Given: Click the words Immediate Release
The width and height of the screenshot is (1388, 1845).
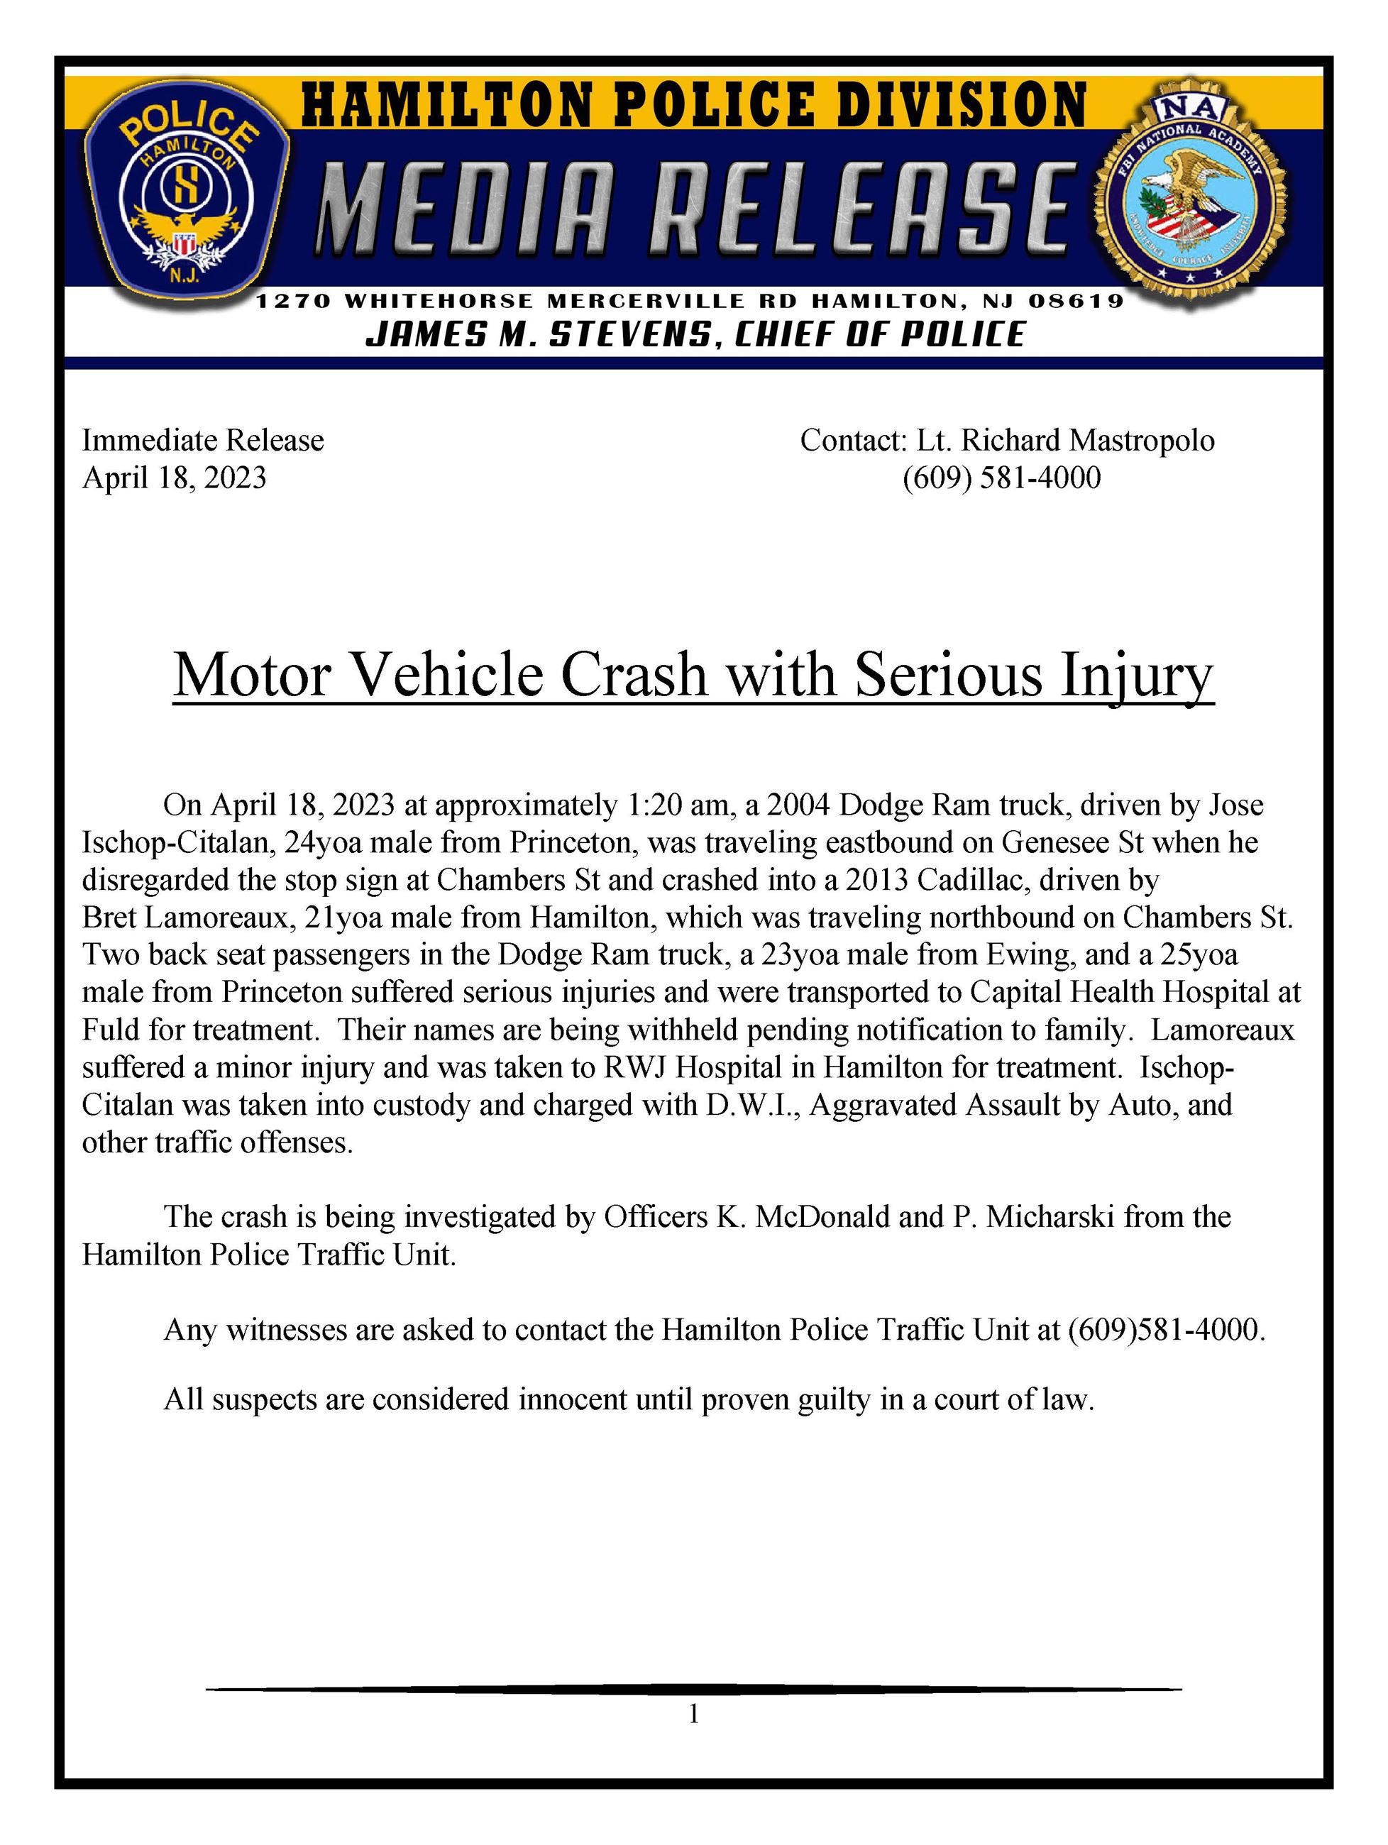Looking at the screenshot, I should click(203, 441).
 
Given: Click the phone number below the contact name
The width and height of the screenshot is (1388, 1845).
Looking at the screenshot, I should click(1001, 478).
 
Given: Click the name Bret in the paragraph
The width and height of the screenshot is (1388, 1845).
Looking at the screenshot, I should click(109, 918).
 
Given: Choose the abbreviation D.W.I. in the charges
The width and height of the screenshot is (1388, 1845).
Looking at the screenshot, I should click(751, 1105).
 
